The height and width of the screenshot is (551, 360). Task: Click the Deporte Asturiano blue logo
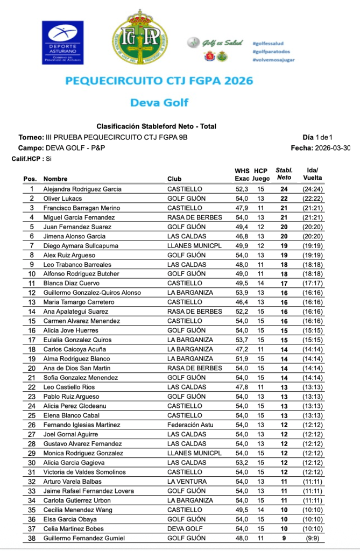click(x=62, y=43)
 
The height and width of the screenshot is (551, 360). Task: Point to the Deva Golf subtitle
click(x=159, y=102)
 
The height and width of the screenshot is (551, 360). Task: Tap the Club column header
click(x=174, y=179)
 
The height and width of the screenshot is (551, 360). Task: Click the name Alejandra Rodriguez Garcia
click(x=82, y=189)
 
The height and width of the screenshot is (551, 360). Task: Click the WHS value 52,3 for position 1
click(x=242, y=189)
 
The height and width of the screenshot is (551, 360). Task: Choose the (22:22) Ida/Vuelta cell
click(x=312, y=199)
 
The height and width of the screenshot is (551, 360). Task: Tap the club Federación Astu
click(x=191, y=425)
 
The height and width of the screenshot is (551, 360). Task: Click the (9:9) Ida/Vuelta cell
click(x=312, y=538)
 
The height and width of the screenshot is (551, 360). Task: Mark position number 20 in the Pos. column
click(x=32, y=368)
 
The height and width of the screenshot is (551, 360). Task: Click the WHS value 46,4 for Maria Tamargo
click(x=242, y=302)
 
